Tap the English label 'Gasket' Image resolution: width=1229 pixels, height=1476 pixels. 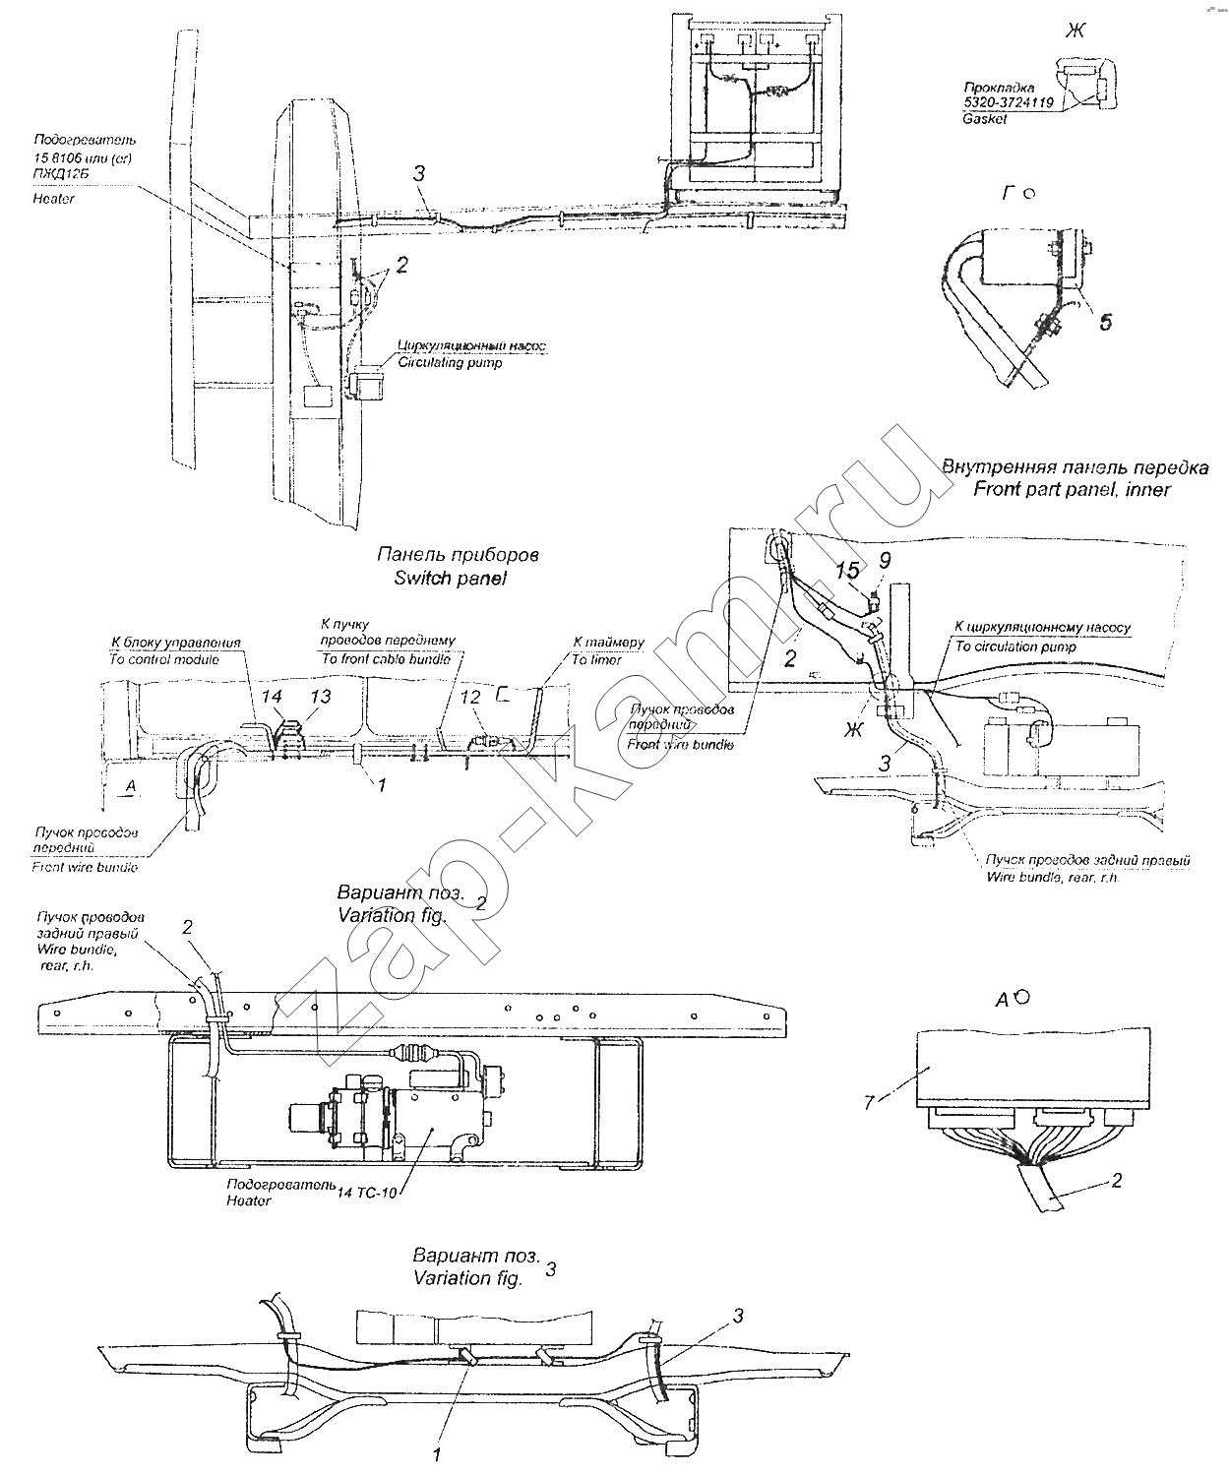[986, 118]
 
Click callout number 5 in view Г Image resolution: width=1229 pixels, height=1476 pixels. [1106, 322]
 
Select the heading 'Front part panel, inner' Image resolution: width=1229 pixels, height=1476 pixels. [1072, 489]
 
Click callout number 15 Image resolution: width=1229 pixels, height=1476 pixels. [846, 571]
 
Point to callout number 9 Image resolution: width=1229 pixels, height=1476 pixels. [885, 561]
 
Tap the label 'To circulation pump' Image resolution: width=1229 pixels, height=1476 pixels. [1014, 646]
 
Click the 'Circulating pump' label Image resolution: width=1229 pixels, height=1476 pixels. [449, 362]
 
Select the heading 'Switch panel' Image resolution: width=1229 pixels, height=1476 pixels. [450, 579]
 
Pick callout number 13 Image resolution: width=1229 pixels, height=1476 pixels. [321, 697]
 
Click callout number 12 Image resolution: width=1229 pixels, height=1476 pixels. [471, 697]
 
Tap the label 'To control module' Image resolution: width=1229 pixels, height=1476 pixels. [163, 659]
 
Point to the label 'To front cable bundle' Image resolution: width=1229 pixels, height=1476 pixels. [386, 659]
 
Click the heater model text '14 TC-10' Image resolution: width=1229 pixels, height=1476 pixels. [366, 1192]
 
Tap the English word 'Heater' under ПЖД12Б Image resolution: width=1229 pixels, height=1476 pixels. [55, 199]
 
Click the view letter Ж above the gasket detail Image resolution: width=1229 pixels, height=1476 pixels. [1075, 31]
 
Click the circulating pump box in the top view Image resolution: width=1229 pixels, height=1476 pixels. [365, 384]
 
